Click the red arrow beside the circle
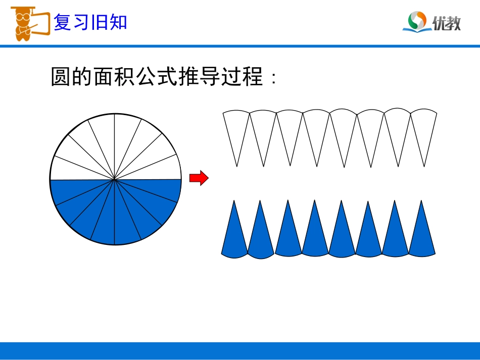(x=199, y=178)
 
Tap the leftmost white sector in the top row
(x=236, y=129)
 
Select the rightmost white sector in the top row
(x=423, y=129)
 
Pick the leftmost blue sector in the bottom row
(x=234, y=237)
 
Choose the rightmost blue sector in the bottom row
(x=421, y=237)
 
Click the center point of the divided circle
(x=115, y=179)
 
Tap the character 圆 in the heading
(x=61, y=77)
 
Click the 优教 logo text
(x=447, y=23)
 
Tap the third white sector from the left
(x=290, y=129)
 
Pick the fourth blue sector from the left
(x=315, y=237)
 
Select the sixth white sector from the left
(x=370, y=129)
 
